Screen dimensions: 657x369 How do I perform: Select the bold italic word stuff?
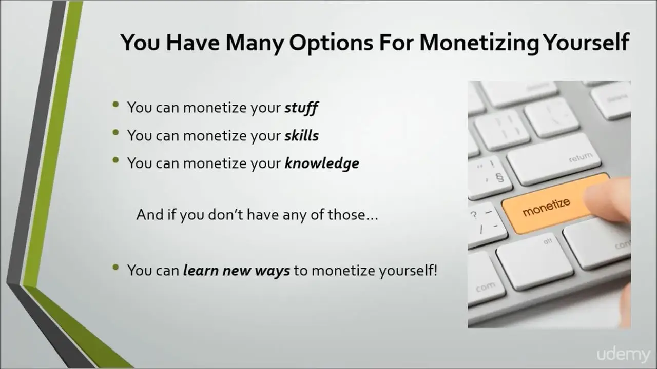301,108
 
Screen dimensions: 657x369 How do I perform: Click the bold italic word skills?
301,136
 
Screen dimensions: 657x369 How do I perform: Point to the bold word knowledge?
322,163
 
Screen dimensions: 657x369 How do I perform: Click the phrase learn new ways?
237,270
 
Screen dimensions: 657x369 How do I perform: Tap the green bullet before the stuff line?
116,104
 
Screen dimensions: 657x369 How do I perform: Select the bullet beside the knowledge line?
116,160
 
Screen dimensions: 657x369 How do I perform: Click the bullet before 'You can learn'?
116,267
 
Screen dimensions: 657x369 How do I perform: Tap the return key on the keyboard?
553,159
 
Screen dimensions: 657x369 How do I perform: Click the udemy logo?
624,355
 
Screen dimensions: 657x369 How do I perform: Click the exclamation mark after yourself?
435,270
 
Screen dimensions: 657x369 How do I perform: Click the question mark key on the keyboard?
486,224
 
